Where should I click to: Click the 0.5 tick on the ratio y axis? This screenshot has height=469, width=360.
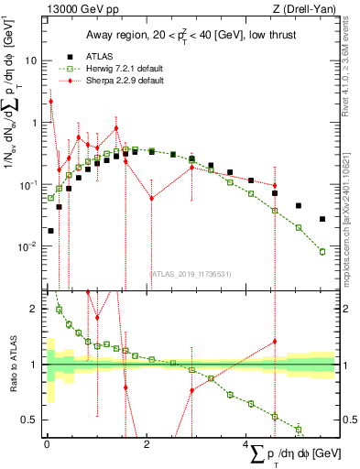click(29, 420)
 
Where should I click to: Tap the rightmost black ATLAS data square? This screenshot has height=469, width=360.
click(322, 219)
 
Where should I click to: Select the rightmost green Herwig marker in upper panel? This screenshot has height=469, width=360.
click(322, 251)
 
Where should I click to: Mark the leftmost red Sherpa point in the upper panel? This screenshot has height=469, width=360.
click(50, 102)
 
